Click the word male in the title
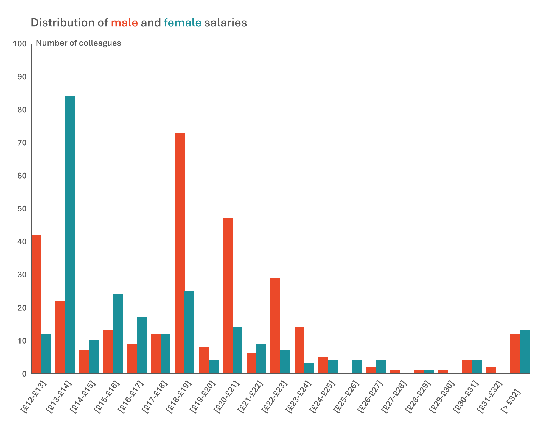pos(124,23)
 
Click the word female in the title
pos(183,23)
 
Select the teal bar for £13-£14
pos(70,235)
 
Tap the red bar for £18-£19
pos(180,253)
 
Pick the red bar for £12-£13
pos(36,304)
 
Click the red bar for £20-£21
pos(228,296)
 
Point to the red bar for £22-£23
pos(275,325)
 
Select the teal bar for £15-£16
pos(118,334)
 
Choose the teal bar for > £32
pos(525,352)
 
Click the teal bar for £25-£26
pos(357,367)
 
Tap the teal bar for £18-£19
pos(189,332)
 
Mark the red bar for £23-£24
pos(299,350)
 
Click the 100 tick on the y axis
pos(19,44)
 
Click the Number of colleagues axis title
pos(79,43)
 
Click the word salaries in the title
pos(226,23)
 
